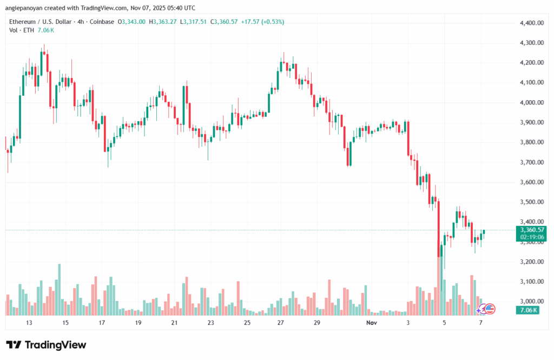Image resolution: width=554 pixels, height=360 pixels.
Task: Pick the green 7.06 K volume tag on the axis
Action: tap(527, 310)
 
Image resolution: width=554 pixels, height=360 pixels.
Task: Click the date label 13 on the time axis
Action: tap(29, 323)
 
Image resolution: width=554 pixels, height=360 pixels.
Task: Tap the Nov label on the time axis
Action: tap(371, 323)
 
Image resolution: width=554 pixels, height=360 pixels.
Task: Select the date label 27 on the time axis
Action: tap(281, 323)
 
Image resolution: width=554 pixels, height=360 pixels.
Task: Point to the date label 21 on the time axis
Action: tap(174, 323)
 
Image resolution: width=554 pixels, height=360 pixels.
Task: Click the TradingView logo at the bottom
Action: tap(46, 345)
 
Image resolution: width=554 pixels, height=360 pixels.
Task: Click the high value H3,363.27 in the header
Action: tap(167, 22)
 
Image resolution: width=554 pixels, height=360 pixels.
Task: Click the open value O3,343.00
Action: tap(135, 22)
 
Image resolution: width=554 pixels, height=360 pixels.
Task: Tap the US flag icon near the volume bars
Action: tap(490, 309)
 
